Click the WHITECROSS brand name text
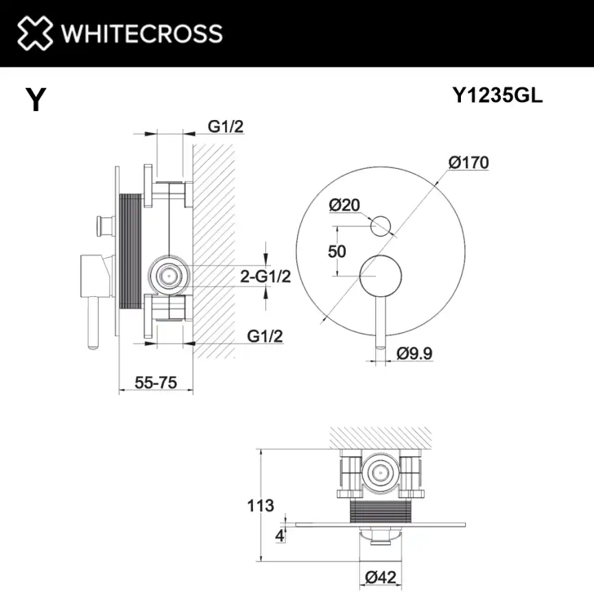[141, 33]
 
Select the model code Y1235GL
[497, 96]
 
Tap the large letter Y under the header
[35, 100]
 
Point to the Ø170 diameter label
[468, 163]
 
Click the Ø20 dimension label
[344, 204]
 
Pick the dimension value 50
[337, 251]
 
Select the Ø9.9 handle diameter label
[414, 353]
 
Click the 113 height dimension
[260, 506]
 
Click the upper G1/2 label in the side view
[226, 126]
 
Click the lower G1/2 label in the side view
[265, 336]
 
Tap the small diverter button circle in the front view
[380, 225]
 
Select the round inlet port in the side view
[167, 276]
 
